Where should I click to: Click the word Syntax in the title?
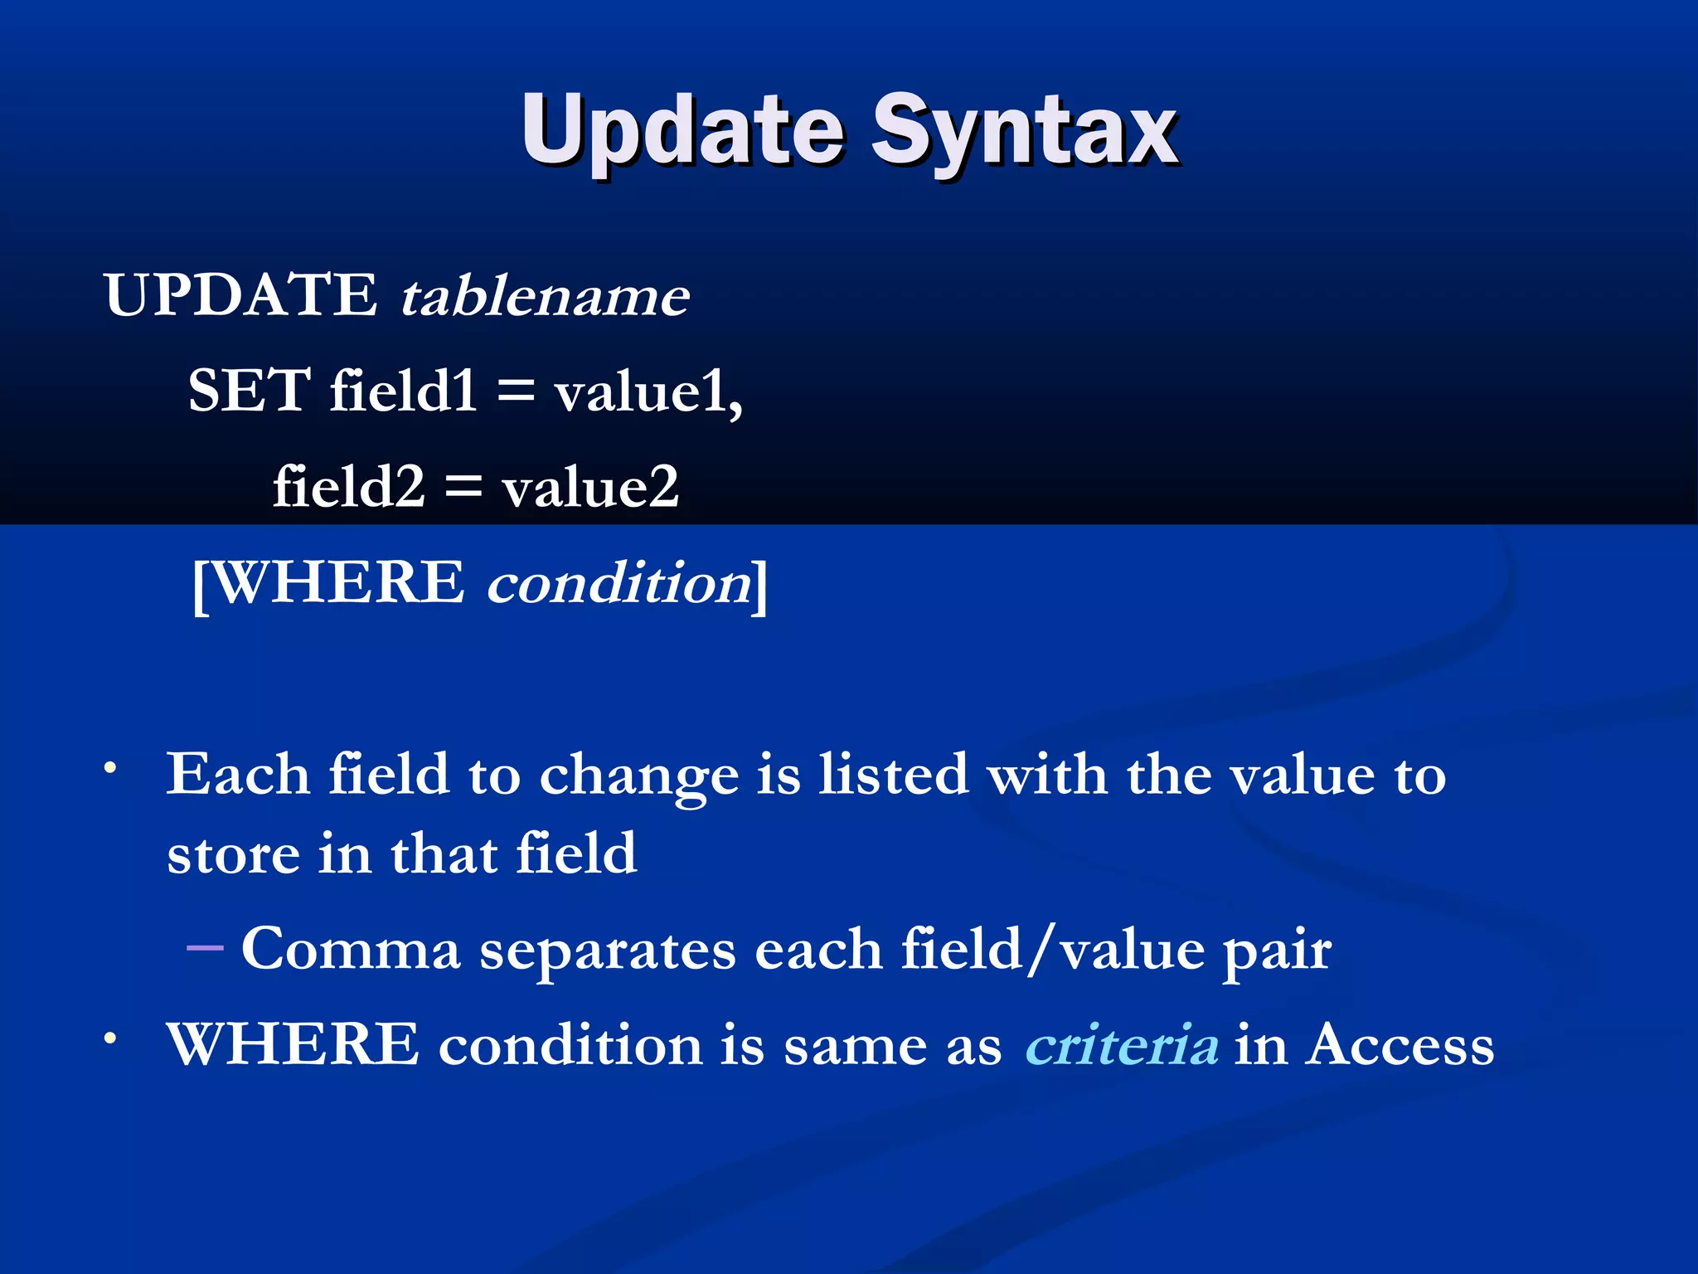[1023, 133]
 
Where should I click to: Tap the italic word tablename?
[545, 296]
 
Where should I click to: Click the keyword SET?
[249, 391]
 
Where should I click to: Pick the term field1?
[403, 391]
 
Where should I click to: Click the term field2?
[348, 487]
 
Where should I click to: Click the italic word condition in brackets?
[619, 583]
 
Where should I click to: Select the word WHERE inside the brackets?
[338, 583]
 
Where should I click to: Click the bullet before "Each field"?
[109, 768]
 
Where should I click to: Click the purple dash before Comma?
[205, 946]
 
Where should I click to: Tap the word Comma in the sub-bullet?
[351, 950]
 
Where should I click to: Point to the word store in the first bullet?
[233, 855]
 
